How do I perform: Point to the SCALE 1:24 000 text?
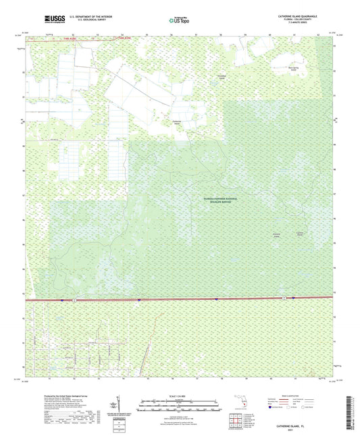(179, 396)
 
